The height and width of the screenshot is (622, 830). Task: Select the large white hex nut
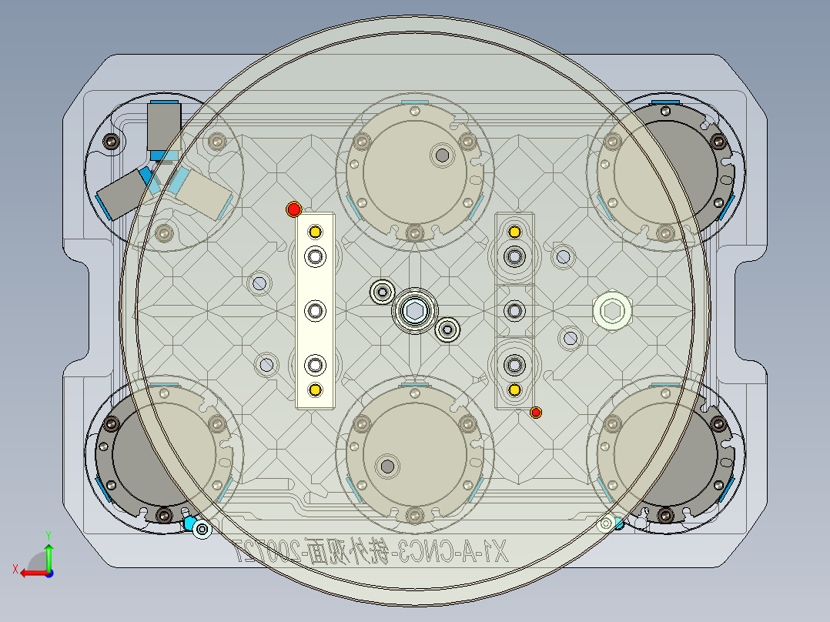[x=613, y=312]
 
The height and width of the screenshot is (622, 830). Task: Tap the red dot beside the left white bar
[x=293, y=209]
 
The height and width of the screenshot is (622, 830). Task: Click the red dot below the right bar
[x=536, y=413]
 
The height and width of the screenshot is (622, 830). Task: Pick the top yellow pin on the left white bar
[x=314, y=232]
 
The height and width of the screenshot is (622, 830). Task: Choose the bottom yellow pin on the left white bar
[x=314, y=390]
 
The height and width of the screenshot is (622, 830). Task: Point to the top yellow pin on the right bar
[x=514, y=231]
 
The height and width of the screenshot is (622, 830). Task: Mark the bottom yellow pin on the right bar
[x=514, y=390]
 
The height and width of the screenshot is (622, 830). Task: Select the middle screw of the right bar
[x=514, y=310]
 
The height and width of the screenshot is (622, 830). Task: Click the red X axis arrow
[x=31, y=572]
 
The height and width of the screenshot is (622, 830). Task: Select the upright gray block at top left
[x=163, y=127]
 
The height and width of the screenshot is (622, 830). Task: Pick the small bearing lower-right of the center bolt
[x=447, y=330]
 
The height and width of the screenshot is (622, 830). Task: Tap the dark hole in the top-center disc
[x=443, y=155]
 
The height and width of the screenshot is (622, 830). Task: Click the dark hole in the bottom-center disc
[x=387, y=465]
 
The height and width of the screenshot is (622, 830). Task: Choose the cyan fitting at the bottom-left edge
[x=189, y=523]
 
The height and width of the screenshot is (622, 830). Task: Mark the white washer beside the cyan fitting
[x=203, y=529]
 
